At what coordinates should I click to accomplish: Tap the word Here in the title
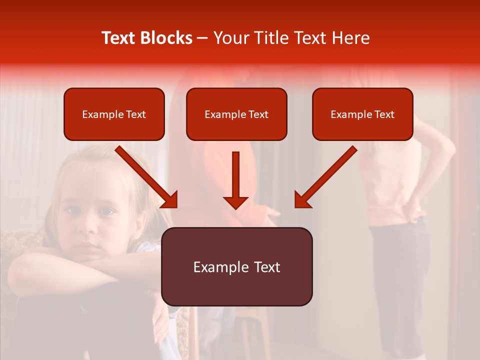point(349,38)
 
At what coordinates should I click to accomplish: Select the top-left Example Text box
point(114,114)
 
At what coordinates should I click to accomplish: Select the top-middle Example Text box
point(236,114)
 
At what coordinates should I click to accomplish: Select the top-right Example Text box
point(362,114)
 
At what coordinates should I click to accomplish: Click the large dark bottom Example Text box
point(236,266)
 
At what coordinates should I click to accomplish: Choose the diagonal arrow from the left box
point(147,177)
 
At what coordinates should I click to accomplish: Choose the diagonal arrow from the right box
point(325,177)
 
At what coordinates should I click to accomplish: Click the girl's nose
point(89,225)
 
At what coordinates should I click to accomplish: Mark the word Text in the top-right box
point(384,114)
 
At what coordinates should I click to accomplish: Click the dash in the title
point(202,38)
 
